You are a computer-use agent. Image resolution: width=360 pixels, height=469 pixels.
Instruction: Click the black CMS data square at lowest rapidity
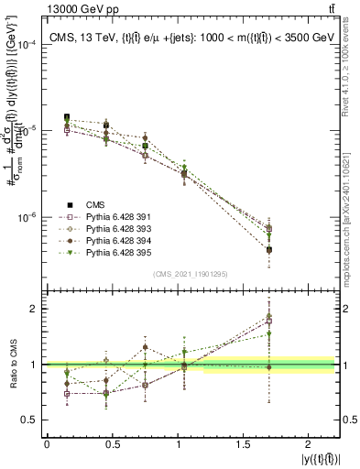[67, 117]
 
